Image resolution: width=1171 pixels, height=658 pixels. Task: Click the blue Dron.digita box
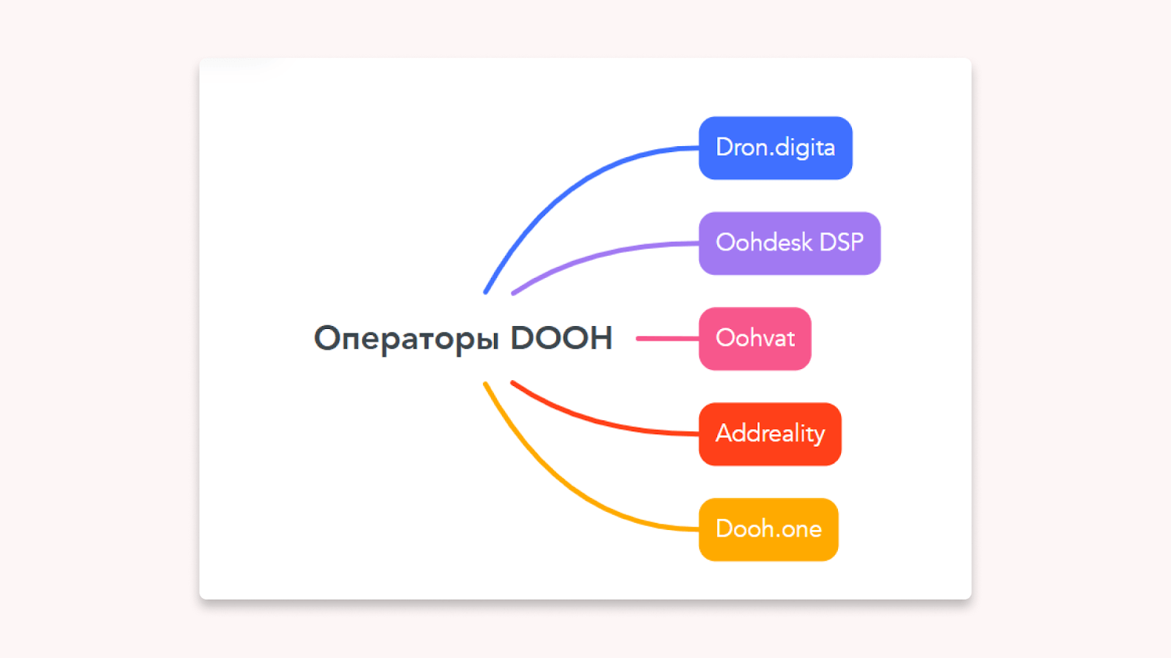click(x=775, y=148)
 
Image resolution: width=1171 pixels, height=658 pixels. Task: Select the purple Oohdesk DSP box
click(x=790, y=243)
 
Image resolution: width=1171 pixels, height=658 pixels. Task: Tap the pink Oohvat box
click(x=755, y=339)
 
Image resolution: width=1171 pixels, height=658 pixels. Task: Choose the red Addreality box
click(x=770, y=434)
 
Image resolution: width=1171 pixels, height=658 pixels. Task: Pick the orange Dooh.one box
click(x=768, y=529)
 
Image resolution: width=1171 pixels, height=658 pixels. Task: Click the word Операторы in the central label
click(x=406, y=339)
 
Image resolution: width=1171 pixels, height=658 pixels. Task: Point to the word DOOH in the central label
click(x=561, y=338)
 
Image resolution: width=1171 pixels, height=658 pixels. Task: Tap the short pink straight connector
click(x=667, y=339)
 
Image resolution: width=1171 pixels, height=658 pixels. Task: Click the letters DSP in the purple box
click(x=841, y=242)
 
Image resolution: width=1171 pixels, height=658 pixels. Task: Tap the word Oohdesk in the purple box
click(x=764, y=242)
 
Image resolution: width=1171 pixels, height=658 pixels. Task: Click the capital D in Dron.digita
click(x=725, y=147)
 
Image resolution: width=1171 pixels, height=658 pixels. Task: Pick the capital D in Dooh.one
click(x=725, y=529)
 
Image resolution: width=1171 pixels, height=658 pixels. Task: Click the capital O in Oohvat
click(x=726, y=338)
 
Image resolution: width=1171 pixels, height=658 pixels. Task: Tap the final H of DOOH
click(x=601, y=338)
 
